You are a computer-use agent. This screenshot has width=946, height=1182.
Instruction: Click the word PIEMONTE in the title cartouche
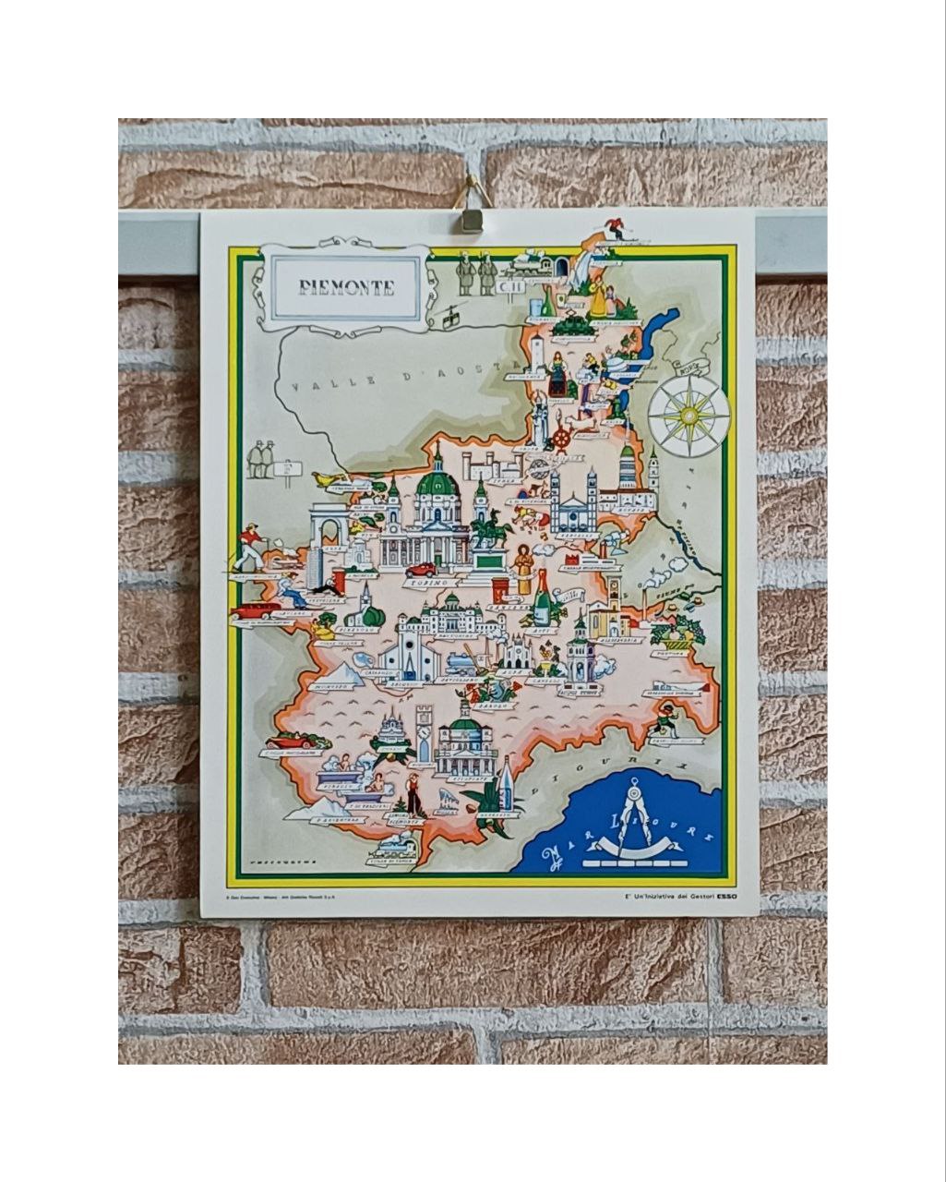click(x=346, y=287)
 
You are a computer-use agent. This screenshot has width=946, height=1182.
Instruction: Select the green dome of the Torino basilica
click(x=437, y=483)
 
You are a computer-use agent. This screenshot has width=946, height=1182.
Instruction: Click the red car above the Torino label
click(x=421, y=570)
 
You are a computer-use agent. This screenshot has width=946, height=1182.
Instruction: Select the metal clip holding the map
click(x=472, y=218)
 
